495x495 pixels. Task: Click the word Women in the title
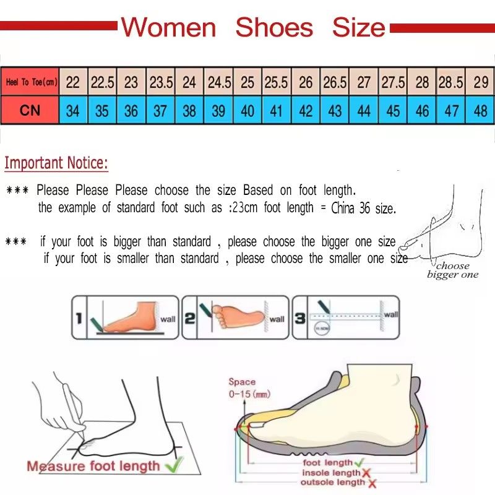tap(168, 28)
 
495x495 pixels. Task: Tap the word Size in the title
tap(359, 28)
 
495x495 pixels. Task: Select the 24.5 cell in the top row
tap(219, 82)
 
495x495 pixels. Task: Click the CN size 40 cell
tap(247, 111)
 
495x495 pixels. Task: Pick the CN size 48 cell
tap(480, 111)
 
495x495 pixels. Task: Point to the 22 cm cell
tap(73, 82)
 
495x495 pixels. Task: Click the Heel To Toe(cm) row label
tap(31, 82)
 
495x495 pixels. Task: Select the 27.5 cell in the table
tap(393, 82)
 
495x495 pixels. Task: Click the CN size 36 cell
tap(131, 111)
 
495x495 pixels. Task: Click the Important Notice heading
tap(56, 163)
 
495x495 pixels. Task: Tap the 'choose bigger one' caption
tap(452, 270)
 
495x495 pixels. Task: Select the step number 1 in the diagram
tap(79, 318)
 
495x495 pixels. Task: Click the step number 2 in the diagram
tap(190, 318)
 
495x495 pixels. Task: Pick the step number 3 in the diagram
tap(300, 318)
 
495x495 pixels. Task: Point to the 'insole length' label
tap(330, 473)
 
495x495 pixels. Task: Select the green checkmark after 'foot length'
tap(359, 462)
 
